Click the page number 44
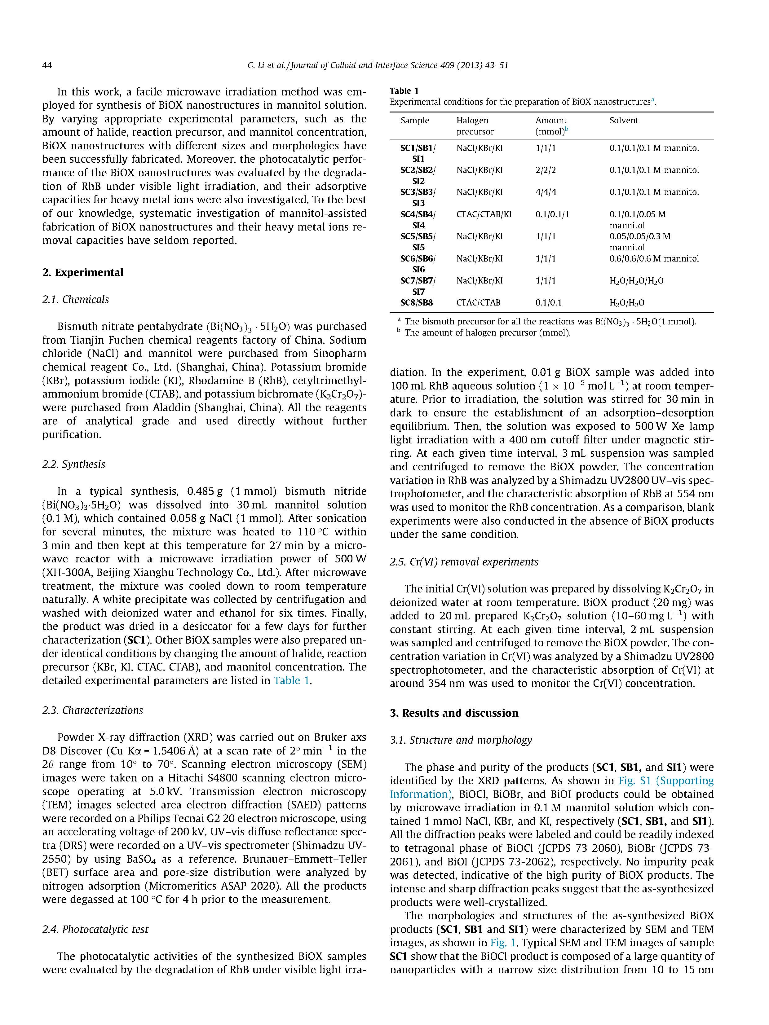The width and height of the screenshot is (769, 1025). click(47, 65)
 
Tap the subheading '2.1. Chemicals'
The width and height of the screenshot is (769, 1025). click(76, 299)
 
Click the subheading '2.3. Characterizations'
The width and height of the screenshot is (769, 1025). click(92, 710)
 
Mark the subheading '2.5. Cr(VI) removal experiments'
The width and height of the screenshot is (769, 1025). click(464, 562)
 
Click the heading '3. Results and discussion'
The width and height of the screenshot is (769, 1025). click(454, 713)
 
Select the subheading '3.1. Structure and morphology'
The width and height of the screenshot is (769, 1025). click(461, 740)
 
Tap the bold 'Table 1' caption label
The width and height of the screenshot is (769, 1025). click(404, 91)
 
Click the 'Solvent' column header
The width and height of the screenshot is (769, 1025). click(623, 121)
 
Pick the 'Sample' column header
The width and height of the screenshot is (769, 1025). click(414, 121)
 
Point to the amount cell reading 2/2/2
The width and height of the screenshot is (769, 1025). click(546, 170)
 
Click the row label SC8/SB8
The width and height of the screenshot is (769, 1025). click(416, 303)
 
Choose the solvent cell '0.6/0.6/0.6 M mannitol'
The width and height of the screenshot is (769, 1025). click(654, 258)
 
